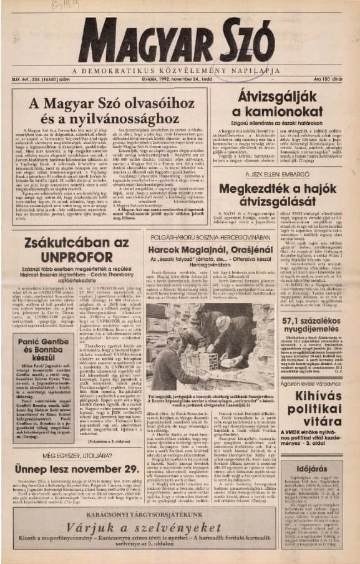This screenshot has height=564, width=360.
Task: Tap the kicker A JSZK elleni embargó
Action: (283, 158)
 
